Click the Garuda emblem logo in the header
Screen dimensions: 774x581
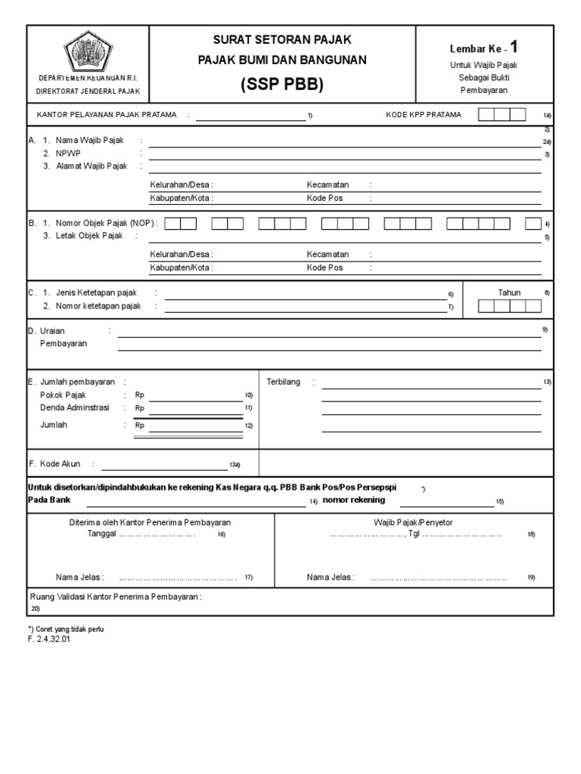(x=88, y=51)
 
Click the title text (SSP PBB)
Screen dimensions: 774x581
(x=282, y=85)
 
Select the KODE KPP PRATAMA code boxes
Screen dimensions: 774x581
(x=502, y=115)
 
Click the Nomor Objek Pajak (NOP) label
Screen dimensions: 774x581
(x=105, y=224)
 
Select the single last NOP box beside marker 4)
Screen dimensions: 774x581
(x=533, y=224)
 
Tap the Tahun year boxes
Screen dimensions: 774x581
(x=509, y=306)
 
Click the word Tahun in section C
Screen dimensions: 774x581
(x=509, y=293)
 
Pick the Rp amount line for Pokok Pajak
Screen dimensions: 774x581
(x=194, y=395)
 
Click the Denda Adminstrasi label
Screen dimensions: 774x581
(x=74, y=407)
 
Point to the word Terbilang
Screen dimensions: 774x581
(x=284, y=382)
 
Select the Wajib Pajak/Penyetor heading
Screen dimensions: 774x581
(x=413, y=522)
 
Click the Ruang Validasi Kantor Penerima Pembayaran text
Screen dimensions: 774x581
(x=115, y=596)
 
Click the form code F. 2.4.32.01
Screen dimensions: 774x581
(x=48, y=639)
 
